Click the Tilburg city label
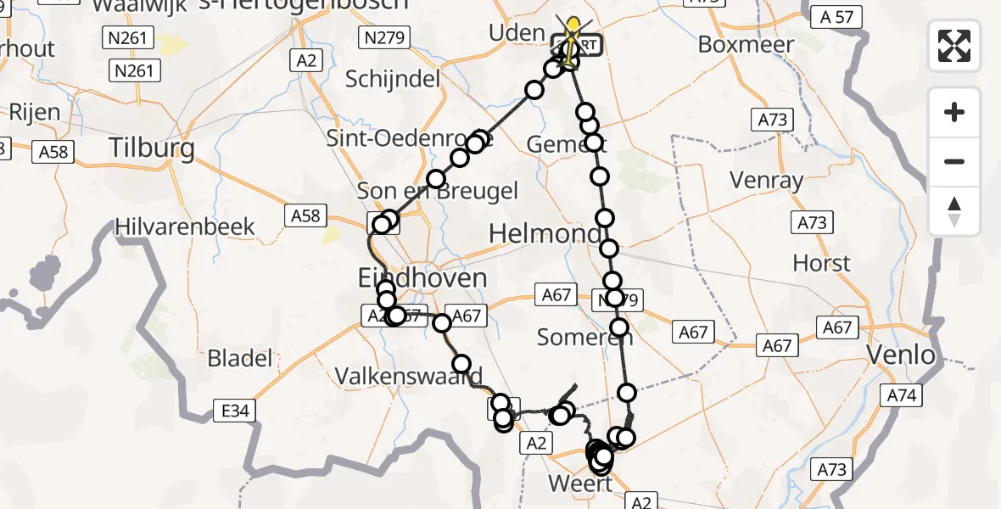tap(152, 148)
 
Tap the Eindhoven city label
tap(422, 277)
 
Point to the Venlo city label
tap(901, 355)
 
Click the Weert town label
tap(580, 484)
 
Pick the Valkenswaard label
tap(409, 376)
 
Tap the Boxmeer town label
tap(747, 44)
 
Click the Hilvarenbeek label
tap(186, 227)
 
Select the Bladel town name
tap(240, 358)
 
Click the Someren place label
tap(574, 338)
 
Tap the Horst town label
tap(821, 263)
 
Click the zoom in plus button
tap(954, 112)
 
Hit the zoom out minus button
tap(954, 161)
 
